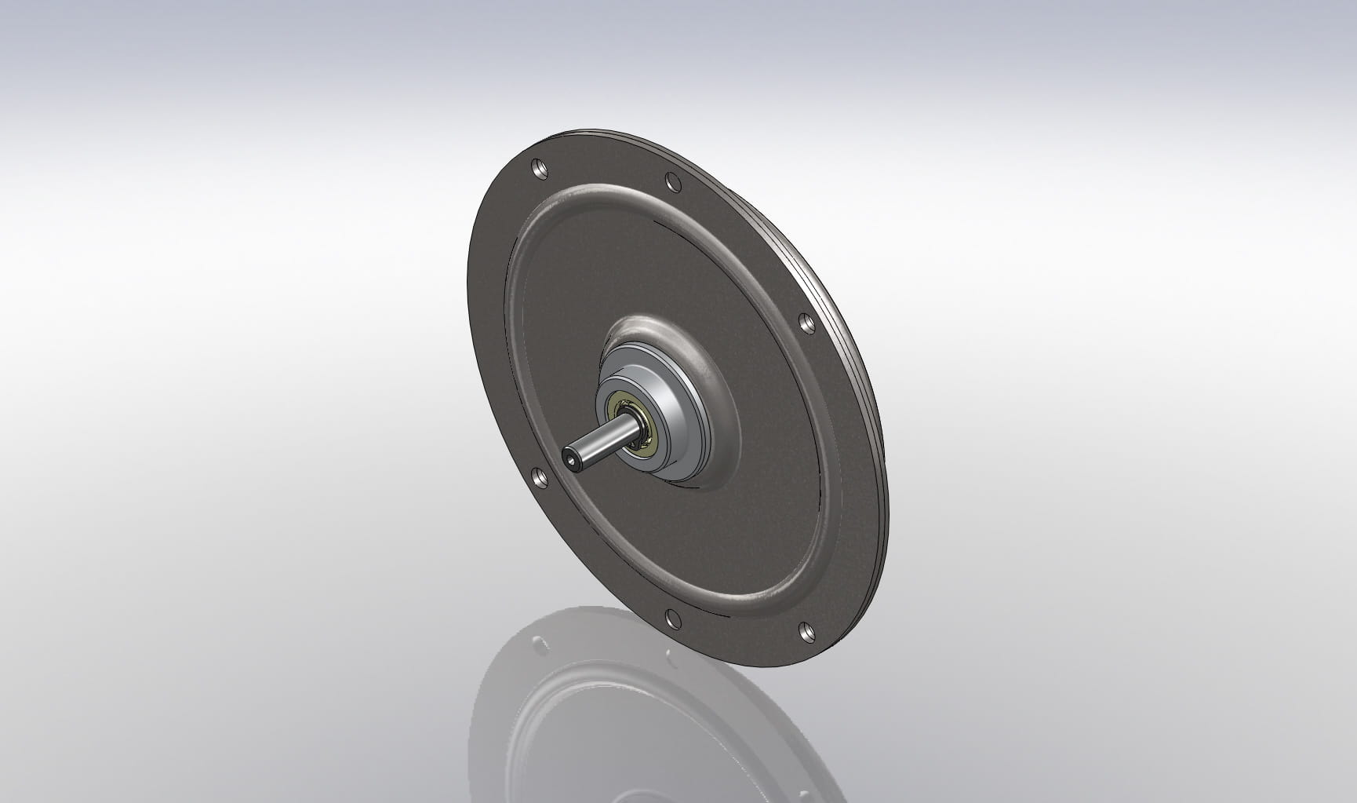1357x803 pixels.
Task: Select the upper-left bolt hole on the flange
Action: [x=538, y=167]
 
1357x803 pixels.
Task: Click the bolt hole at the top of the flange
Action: [x=672, y=181]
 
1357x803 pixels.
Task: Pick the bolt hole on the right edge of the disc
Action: [x=806, y=322]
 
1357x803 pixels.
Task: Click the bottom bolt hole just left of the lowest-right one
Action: [x=672, y=619]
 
